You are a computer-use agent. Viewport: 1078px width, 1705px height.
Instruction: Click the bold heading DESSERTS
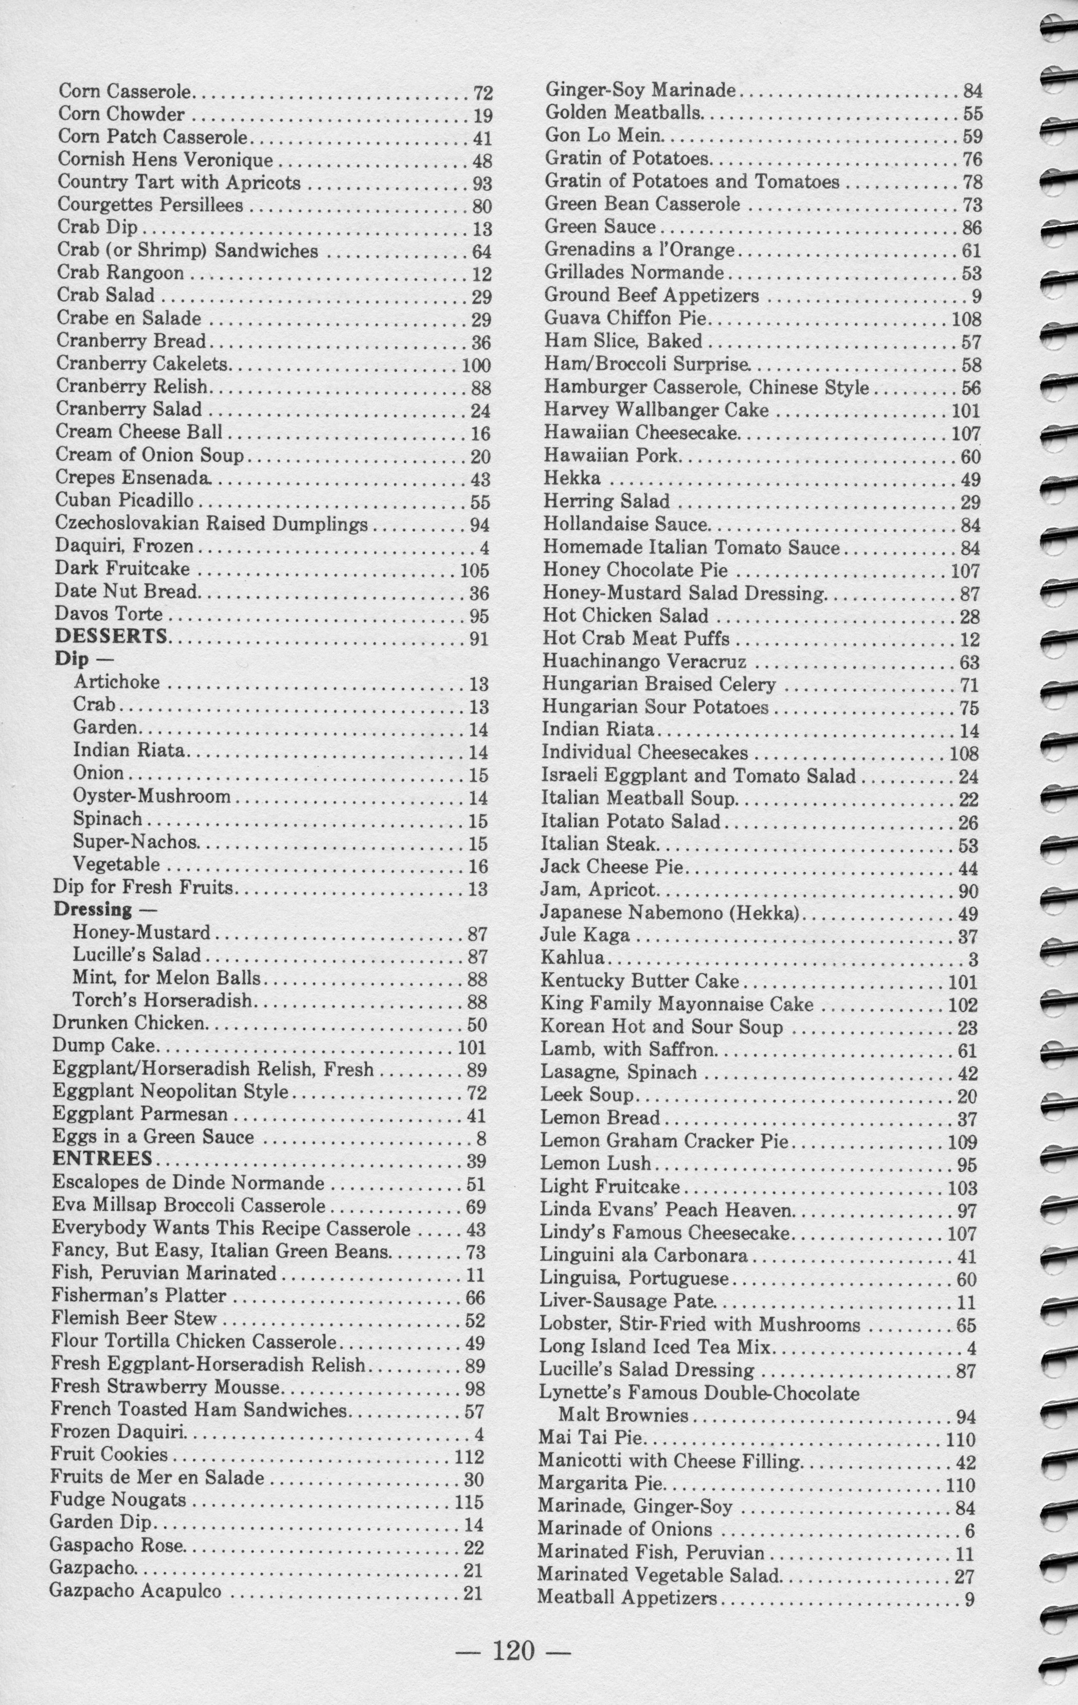[x=111, y=636]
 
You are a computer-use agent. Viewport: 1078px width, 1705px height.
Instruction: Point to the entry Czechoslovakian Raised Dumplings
[x=211, y=524]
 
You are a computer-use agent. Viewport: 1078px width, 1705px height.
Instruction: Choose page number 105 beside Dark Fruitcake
[x=474, y=571]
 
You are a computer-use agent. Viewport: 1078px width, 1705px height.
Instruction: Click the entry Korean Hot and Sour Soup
[x=661, y=1027]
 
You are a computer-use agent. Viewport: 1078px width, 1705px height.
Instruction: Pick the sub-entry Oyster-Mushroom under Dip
[x=152, y=796]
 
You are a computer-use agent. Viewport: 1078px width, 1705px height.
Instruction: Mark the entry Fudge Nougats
[x=118, y=1500]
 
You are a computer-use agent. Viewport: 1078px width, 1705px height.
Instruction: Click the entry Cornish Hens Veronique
[x=165, y=159]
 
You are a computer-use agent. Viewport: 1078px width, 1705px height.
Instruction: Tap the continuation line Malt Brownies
[x=623, y=1416]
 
